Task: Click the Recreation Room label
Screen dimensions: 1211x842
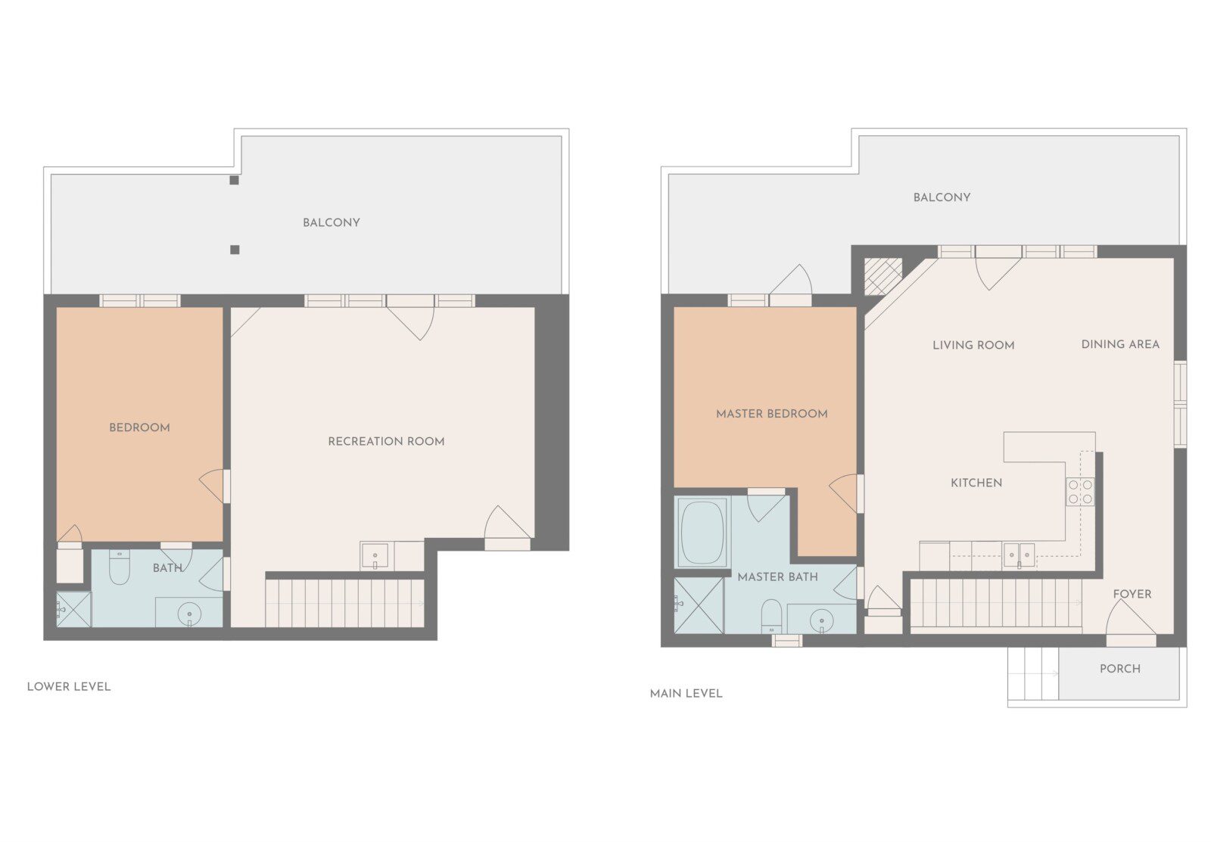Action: [386, 441]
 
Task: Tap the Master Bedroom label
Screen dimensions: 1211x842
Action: [771, 413]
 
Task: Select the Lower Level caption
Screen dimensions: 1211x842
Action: [69, 686]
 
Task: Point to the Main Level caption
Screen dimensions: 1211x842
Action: [686, 694]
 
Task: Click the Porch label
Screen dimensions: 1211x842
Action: [1120, 669]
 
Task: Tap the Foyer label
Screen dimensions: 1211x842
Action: [1132, 594]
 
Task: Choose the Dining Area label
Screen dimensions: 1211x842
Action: [1120, 344]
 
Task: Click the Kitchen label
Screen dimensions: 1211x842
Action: [976, 483]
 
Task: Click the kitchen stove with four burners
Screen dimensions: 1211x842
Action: [1080, 492]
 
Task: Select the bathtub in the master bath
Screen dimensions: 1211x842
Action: [703, 532]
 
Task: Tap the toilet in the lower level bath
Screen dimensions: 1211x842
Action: [119, 567]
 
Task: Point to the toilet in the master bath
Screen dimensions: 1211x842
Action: [771, 616]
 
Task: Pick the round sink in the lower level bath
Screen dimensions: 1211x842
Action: [189, 614]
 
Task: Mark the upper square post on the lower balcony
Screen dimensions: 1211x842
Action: [234, 180]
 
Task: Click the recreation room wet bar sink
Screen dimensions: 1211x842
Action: [375, 556]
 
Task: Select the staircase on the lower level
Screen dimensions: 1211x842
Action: [345, 603]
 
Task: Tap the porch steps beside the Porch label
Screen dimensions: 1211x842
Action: [1033, 673]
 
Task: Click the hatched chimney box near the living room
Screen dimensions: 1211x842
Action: [883, 277]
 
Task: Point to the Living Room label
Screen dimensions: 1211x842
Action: [973, 345]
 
